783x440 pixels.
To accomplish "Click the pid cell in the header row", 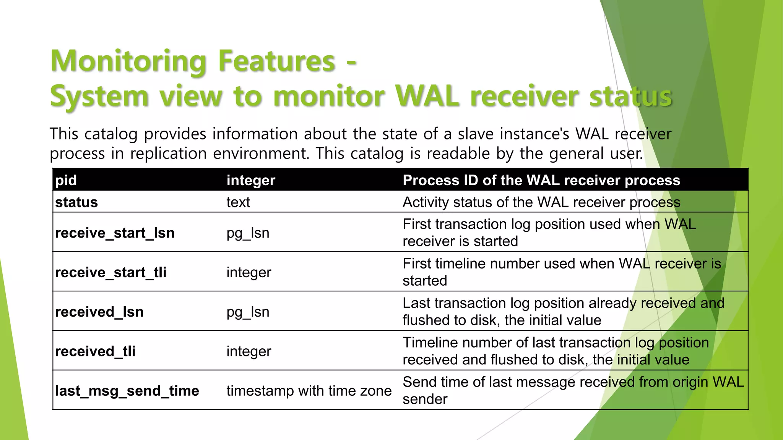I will pos(66,180).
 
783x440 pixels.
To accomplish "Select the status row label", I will pos(76,202).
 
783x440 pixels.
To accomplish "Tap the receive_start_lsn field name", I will pos(115,233).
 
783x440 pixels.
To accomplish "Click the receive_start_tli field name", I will pos(111,272).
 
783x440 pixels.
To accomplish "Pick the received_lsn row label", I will pos(99,312).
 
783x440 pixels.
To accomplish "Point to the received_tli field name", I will pos(95,351).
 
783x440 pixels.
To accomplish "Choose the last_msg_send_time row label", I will pos(127,391).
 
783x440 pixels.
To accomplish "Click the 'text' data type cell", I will pos(238,202).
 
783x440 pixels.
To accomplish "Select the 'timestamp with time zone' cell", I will pos(309,391).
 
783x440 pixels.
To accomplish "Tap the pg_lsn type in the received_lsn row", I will pos(248,312).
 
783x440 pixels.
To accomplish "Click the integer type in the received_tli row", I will pos(249,351).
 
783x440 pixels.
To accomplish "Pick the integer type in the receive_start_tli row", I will pos(249,272).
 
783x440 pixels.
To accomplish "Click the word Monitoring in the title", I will pos(129,61).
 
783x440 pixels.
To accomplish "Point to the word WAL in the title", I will pos(426,96).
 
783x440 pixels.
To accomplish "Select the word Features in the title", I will pos(277,61).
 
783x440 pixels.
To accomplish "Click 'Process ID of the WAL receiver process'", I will pos(541,180).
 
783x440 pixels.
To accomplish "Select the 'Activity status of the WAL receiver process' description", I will pos(541,202).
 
